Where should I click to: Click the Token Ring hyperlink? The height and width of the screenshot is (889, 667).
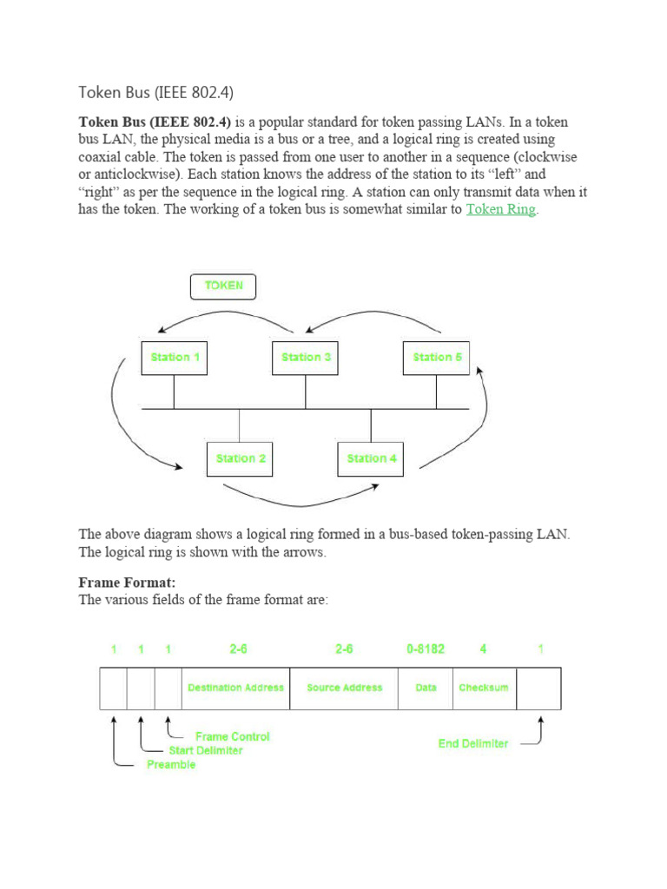501,210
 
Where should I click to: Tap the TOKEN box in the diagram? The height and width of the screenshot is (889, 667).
224,286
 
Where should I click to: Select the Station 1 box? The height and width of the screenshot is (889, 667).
175,357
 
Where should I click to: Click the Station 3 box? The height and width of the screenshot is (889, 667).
305,357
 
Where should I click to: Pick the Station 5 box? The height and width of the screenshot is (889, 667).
436,357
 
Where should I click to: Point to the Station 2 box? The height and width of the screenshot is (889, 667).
240,458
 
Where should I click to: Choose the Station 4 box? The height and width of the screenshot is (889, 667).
371,458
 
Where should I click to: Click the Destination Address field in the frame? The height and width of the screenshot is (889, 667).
235,688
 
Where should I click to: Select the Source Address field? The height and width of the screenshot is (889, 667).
344,688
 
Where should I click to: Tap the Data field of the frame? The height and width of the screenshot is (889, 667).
426,688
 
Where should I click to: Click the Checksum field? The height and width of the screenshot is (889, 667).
484,688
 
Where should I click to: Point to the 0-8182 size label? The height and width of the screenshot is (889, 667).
426,649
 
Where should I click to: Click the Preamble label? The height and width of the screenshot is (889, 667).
171,765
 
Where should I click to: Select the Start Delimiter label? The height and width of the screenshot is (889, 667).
206,750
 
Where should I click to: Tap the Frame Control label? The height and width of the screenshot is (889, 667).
232,736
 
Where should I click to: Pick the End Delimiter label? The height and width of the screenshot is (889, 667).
473,744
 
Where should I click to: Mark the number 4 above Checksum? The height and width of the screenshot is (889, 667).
484,649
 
